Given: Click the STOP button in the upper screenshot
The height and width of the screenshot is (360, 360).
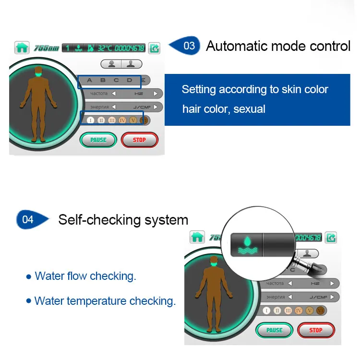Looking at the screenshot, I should click(x=139, y=140).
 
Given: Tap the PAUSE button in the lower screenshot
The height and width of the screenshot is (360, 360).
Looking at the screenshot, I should click(x=274, y=330).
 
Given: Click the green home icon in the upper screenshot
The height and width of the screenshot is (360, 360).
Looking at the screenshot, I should click(x=21, y=48).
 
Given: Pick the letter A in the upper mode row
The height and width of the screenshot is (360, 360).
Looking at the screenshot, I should click(x=89, y=80).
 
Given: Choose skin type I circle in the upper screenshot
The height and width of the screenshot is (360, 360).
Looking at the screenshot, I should click(x=90, y=120).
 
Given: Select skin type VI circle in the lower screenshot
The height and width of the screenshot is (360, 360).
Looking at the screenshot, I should click(x=321, y=310).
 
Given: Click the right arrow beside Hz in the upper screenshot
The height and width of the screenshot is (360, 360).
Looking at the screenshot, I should click(x=155, y=94).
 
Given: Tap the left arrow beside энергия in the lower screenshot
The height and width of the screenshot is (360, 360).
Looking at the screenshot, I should click(x=289, y=297).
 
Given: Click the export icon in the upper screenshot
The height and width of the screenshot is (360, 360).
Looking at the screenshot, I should click(x=155, y=48).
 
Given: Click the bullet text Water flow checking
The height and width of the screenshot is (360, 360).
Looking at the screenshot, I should click(x=85, y=276).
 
